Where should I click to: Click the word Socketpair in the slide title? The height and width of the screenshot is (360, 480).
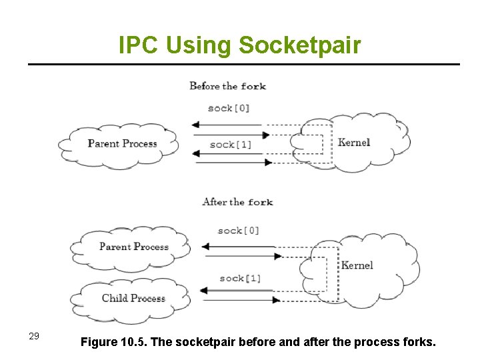coord(299,45)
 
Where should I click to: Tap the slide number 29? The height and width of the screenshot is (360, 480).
coord(35,335)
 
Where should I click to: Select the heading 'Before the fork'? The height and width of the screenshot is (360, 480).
coord(227,86)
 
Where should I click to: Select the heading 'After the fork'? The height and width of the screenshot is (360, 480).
coord(237,202)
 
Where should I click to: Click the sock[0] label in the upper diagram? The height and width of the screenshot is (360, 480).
coord(229,108)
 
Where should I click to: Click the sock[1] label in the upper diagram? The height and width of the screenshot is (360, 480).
coord(231,145)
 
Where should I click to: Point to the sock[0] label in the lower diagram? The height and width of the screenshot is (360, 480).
coord(239,231)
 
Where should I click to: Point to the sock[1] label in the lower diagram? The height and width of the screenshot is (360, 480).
coord(240,279)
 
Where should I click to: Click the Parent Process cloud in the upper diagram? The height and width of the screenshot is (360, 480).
coord(121,144)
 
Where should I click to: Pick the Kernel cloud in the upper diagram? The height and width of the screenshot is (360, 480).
coord(353,143)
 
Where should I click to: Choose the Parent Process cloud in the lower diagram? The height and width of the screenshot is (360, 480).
coord(133,247)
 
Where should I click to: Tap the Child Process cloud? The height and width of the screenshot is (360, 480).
coord(133,298)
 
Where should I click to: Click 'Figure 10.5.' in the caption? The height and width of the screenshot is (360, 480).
coord(114,343)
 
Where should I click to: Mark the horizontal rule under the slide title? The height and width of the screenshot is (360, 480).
coord(243,65)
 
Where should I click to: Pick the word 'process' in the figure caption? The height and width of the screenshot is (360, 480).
coord(373,343)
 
